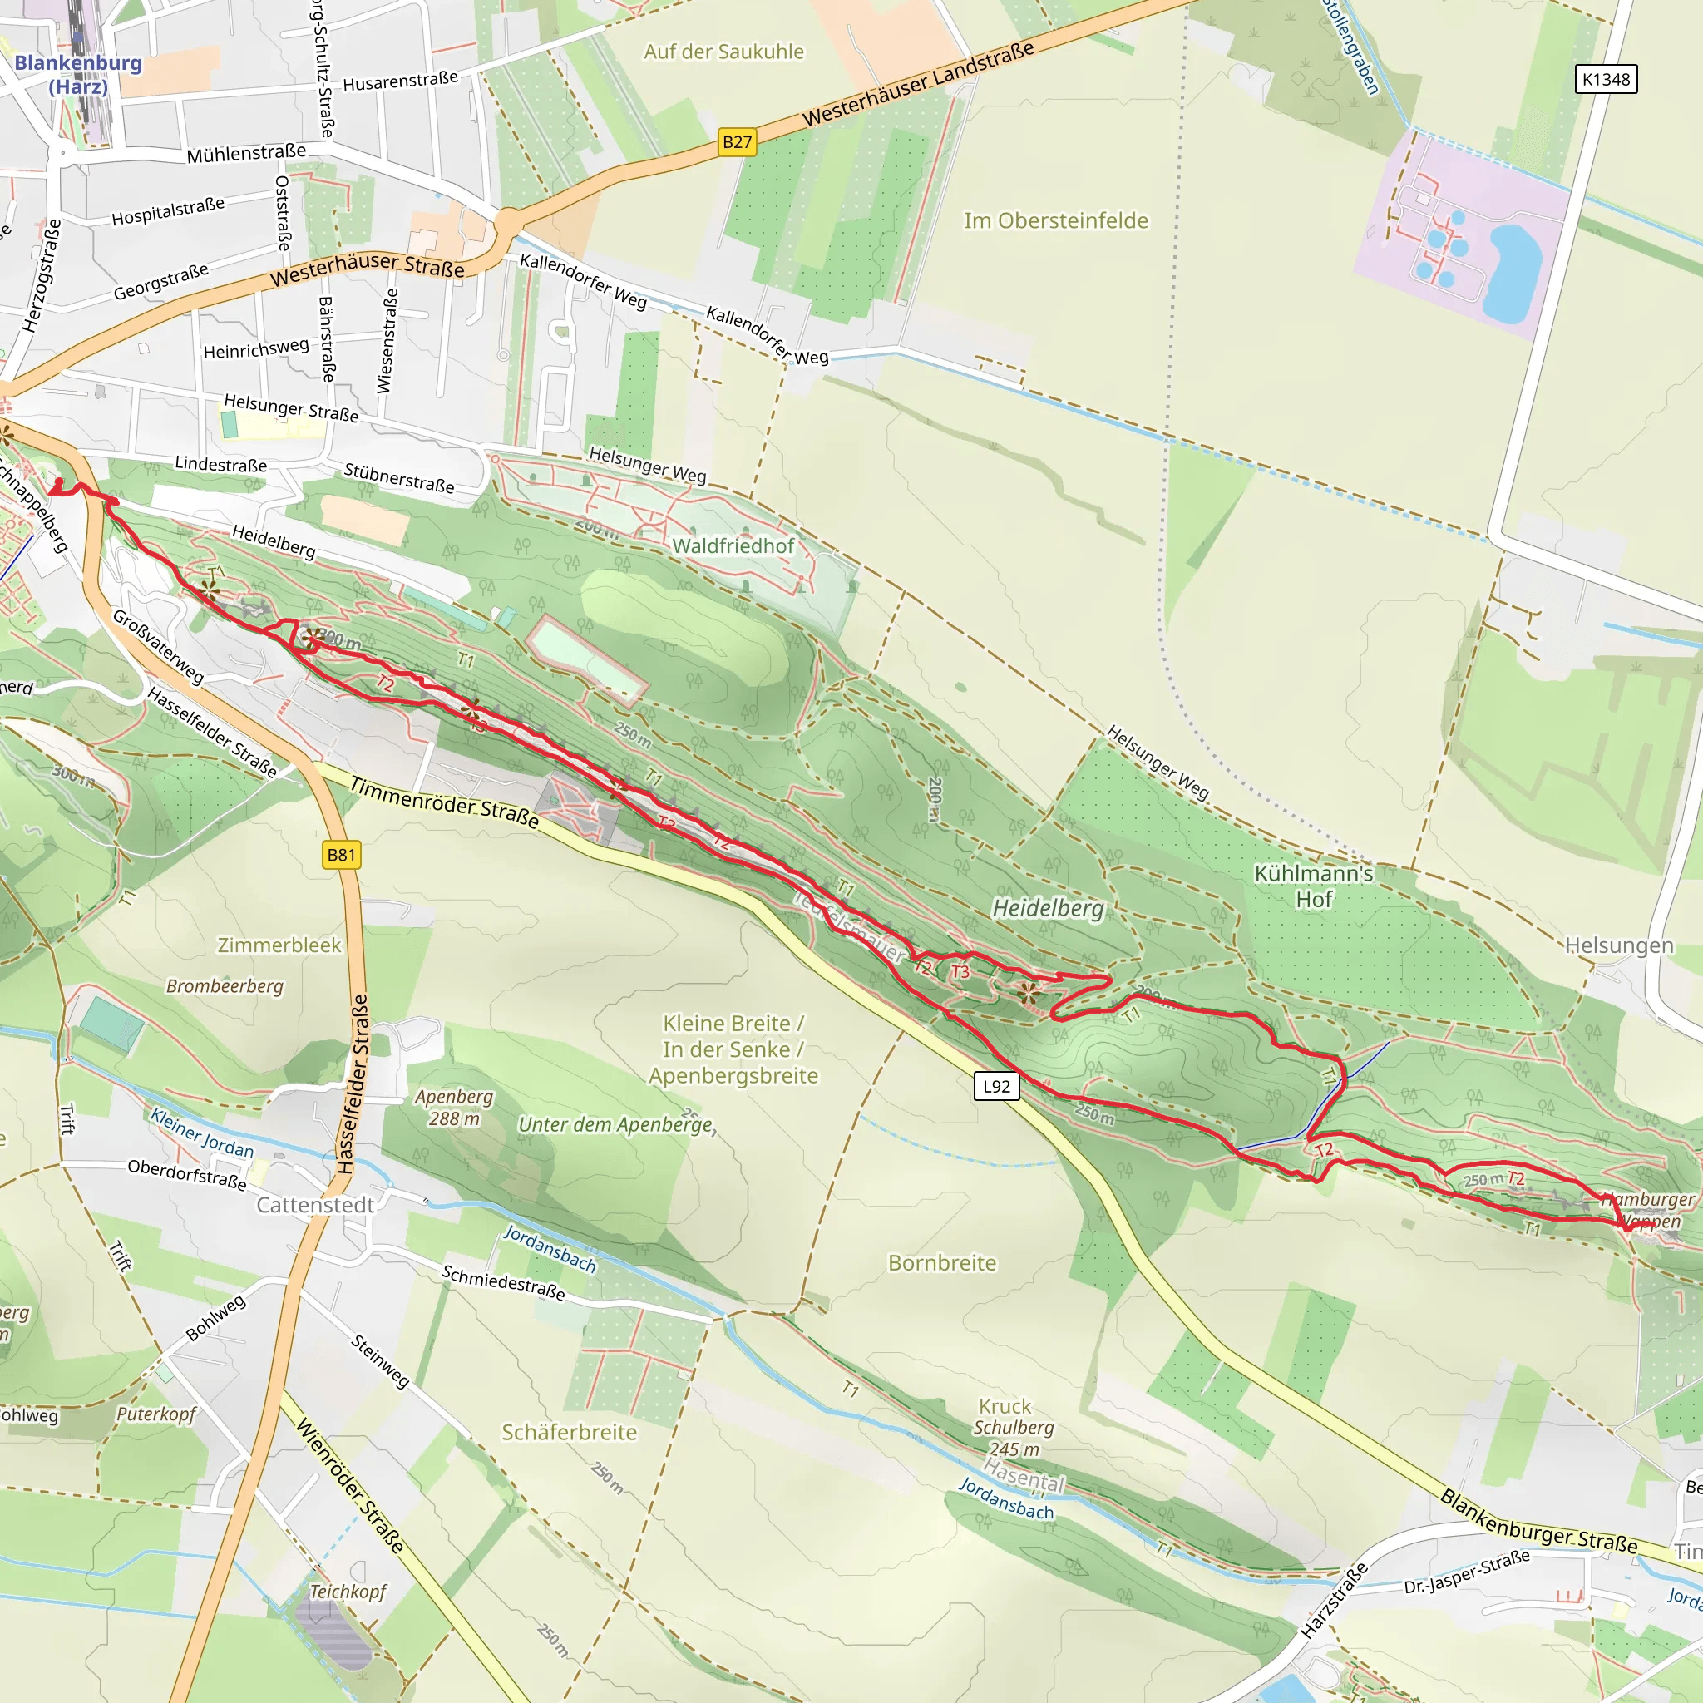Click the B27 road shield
click(x=737, y=142)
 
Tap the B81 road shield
click(x=341, y=854)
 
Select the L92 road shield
click(x=996, y=1086)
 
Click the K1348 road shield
click(x=1605, y=79)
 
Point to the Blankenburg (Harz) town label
click(x=77, y=74)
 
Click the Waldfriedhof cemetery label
click(x=733, y=545)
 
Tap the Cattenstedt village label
click(x=314, y=1205)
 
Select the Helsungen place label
click(x=1618, y=945)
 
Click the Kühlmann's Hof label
click(x=1313, y=886)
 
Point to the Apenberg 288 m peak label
click(x=454, y=1108)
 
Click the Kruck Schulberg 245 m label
click(x=1013, y=1427)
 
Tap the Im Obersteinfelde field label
click(x=1056, y=220)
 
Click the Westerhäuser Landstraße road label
click(x=918, y=85)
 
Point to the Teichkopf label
click(x=348, y=1591)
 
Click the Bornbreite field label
click(x=941, y=1263)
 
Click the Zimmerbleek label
click(x=279, y=945)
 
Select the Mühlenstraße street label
click(x=246, y=153)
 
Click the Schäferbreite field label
click(x=569, y=1433)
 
